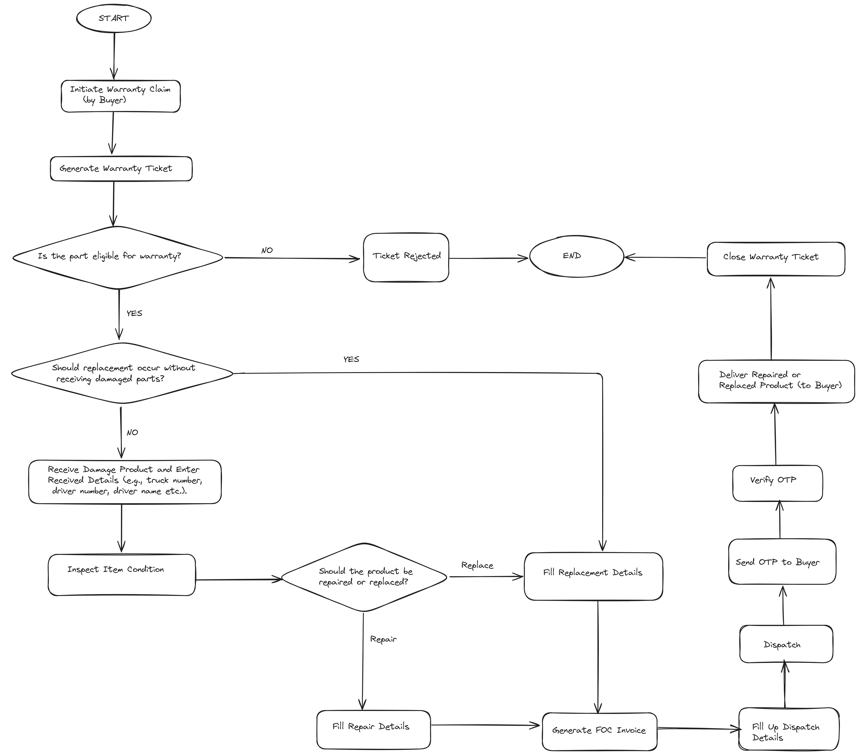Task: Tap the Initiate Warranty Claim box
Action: tap(121, 96)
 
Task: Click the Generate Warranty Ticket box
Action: tap(121, 169)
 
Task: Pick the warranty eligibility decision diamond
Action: tap(118, 257)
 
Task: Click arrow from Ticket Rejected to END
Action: tap(487, 258)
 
